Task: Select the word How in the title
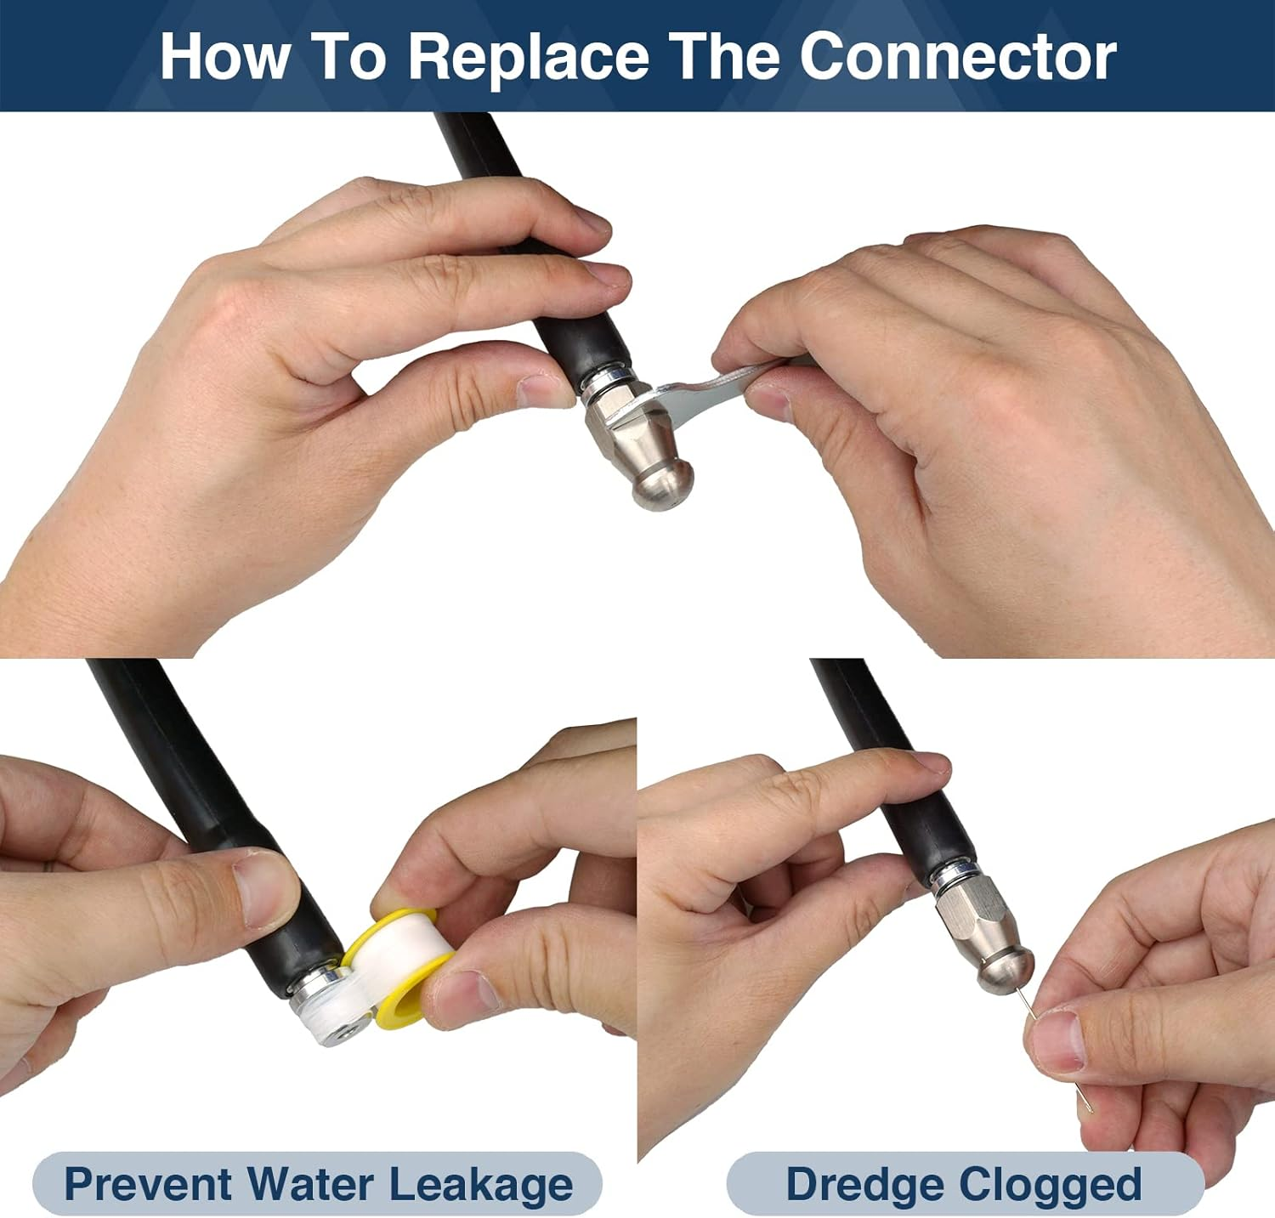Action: [224, 56]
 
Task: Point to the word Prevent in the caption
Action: [149, 1183]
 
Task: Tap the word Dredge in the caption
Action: [865, 1185]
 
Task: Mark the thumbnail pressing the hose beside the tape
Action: [263, 889]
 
